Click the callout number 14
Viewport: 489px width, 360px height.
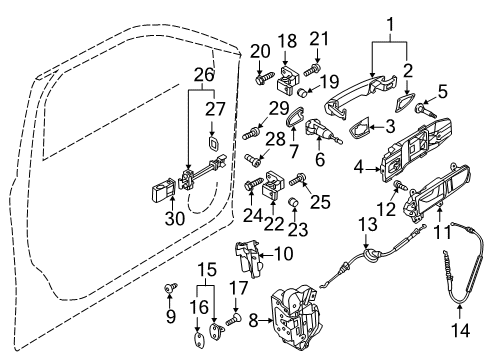tap(460, 330)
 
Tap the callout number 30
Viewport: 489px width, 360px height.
tap(175, 219)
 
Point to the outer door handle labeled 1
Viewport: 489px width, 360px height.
tap(361, 97)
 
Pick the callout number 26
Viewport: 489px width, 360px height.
tap(204, 75)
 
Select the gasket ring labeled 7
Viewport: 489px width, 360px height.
tap(295, 117)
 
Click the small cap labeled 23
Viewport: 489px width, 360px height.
tap(294, 202)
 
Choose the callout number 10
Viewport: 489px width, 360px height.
tap(284, 254)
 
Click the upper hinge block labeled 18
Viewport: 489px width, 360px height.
tap(288, 80)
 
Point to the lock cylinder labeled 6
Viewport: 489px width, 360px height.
tap(322, 131)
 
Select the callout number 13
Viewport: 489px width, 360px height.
tap(368, 224)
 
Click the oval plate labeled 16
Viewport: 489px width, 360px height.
tap(198, 340)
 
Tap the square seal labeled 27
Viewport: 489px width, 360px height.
tap(212, 143)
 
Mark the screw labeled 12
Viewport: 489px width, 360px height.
tap(399, 185)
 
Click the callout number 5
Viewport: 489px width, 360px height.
tap(442, 92)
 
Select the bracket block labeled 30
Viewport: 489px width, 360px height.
tap(162, 190)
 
